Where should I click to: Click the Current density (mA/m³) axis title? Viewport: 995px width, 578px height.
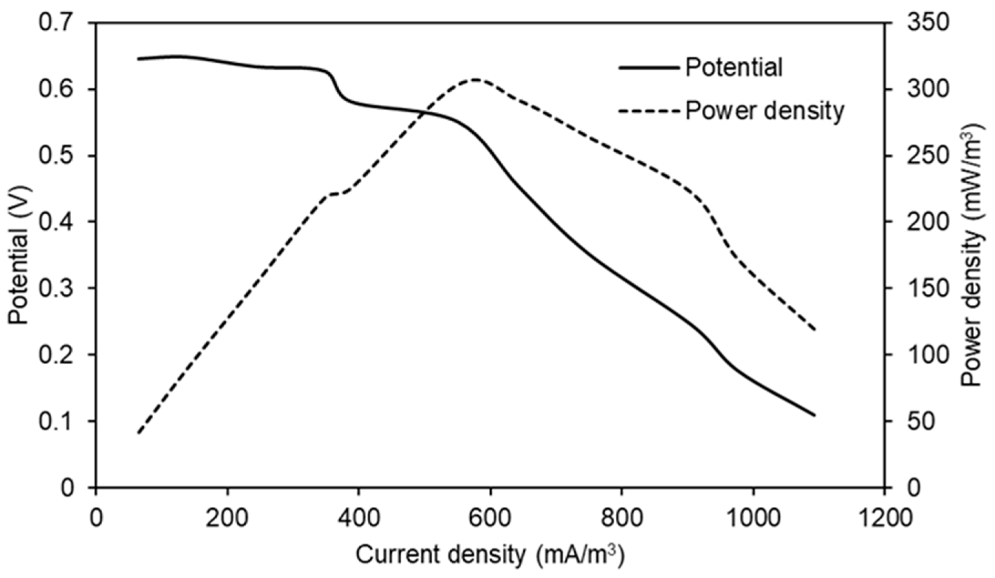490,555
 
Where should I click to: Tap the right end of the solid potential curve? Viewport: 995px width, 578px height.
814,415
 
